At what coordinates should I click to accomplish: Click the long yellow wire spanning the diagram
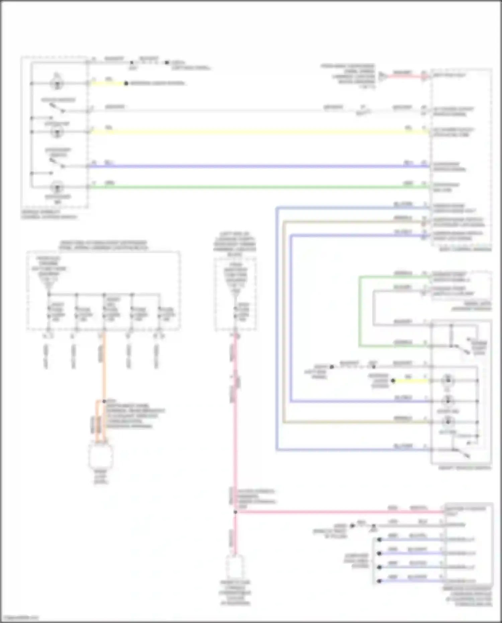tap(254, 132)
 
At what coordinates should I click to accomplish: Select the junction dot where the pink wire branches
tap(235, 512)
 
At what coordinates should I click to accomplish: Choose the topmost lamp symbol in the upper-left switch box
tap(57, 83)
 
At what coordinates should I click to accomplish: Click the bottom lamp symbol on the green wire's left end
tap(57, 187)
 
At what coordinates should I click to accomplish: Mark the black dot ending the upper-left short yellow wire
tap(126, 83)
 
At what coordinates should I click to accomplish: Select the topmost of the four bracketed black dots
tap(379, 540)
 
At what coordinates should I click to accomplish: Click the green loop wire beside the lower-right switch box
tap(359, 311)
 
